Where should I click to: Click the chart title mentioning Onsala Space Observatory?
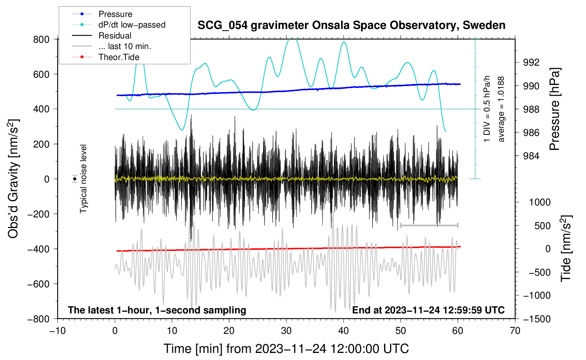coord(351,25)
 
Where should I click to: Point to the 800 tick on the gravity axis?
coord(41,40)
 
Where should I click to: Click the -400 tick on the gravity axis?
coord(38,249)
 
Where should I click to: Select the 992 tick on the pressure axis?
coord(531,62)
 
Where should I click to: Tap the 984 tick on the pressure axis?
coord(531,156)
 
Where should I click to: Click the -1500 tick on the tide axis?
coord(537,319)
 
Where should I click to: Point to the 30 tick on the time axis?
coord(286,331)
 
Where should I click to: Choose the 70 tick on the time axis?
coord(515,331)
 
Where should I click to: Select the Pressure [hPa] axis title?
coord(555,109)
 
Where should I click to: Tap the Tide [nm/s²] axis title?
coord(566,248)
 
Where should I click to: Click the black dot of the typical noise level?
coord(75,179)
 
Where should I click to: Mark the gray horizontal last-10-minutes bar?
coord(429,225)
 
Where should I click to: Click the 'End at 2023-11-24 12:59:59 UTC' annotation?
coord(428,310)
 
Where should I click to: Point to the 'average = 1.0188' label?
coord(501,109)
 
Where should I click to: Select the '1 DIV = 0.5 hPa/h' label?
coord(486,109)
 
